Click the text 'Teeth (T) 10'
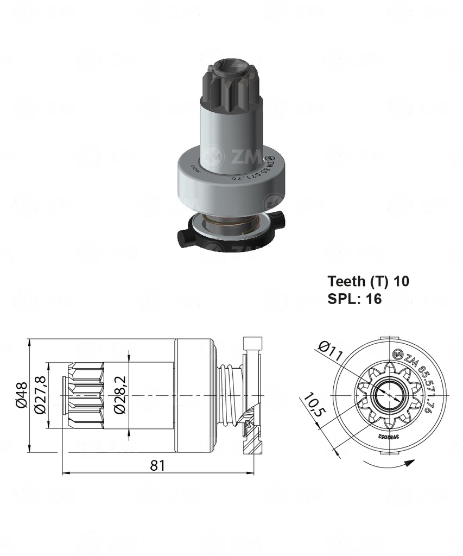[368, 281]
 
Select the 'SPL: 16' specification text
[354, 299]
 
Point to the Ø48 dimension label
[22, 396]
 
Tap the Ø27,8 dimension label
[40, 395]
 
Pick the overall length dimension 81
[157, 465]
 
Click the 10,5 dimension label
[313, 405]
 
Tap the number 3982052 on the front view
[389, 436]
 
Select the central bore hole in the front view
[388, 395]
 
